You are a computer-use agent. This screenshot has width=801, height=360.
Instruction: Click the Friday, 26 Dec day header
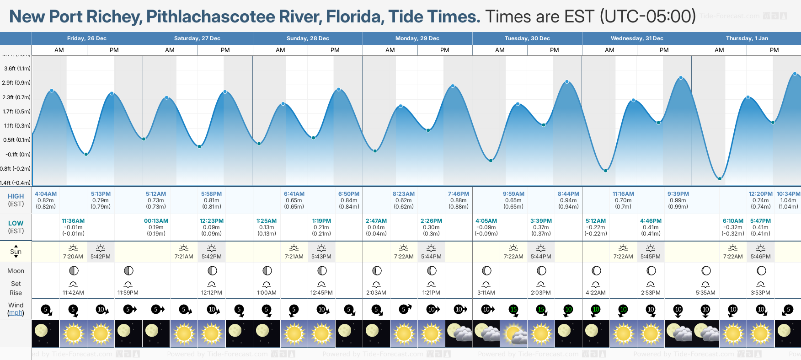tap(87, 38)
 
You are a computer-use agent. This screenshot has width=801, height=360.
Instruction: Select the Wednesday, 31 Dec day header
tap(637, 38)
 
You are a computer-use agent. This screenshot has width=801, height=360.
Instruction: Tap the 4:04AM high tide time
tap(46, 194)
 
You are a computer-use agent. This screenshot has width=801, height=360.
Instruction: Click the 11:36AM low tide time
tap(73, 221)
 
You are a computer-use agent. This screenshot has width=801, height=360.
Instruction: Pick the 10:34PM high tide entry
tap(788, 194)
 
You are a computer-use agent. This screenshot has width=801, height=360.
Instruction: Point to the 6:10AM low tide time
tap(733, 221)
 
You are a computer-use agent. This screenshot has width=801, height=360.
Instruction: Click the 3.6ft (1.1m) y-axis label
tap(17, 69)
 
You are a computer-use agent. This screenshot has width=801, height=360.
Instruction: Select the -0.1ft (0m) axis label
tap(18, 155)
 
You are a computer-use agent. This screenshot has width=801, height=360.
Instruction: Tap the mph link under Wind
tap(16, 313)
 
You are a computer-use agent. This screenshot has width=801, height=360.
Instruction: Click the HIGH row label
tap(16, 196)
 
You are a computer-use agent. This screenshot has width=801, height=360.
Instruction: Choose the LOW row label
tap(16, 223)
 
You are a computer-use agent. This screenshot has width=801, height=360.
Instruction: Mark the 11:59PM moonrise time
tap(128, 293)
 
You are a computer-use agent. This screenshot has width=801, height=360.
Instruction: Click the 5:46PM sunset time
tap(761, 257)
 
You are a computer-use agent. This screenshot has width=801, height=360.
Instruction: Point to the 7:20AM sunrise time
tap(73, 257)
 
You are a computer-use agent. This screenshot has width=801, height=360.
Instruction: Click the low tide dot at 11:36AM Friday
tap(86, 154)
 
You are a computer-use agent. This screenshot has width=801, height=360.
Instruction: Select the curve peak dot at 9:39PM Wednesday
tap(681, 78)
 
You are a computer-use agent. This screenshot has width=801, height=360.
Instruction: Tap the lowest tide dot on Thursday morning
tap(720, 178)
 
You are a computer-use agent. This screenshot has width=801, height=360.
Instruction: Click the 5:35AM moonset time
tap(705, 293)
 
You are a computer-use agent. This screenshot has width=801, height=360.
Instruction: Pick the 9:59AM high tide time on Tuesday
tap(513, 194)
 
